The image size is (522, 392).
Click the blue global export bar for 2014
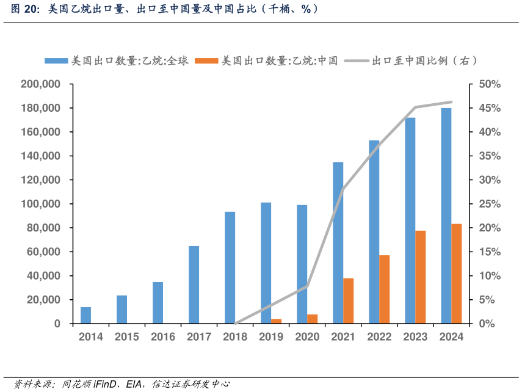(x=85, y=315)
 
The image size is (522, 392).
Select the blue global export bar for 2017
(x=194, y=285)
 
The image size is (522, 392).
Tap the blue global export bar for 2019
(x=266, y=263)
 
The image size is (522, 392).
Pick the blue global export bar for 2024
(x=446, y=216)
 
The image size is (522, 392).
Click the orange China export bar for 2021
(x=348, y=300)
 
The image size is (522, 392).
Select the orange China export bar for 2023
(x=420, y=277)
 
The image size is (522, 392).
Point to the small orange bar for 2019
(x=276, y=321)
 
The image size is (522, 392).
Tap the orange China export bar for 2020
(x=312, y=319)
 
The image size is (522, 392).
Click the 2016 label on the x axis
(x=163, y=337)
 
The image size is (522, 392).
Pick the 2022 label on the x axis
(x=379, y=337)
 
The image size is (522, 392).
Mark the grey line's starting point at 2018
(x=236, y=323)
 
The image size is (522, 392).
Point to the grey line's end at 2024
(x=451, y=102)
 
